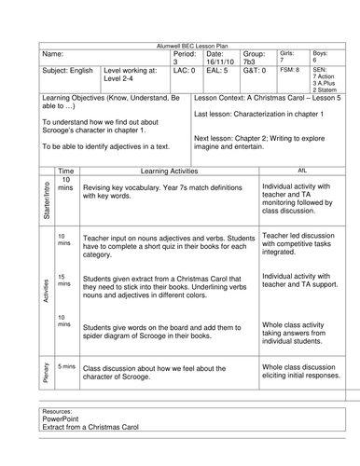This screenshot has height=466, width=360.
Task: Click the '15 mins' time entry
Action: pos(63,281)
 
